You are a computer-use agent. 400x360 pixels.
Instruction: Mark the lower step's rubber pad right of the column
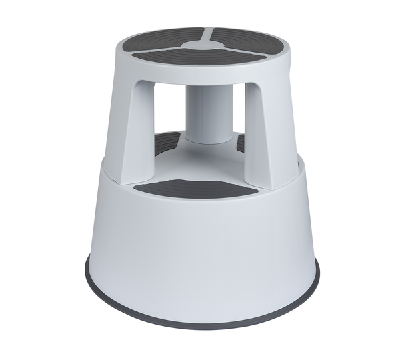coord(241,142)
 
